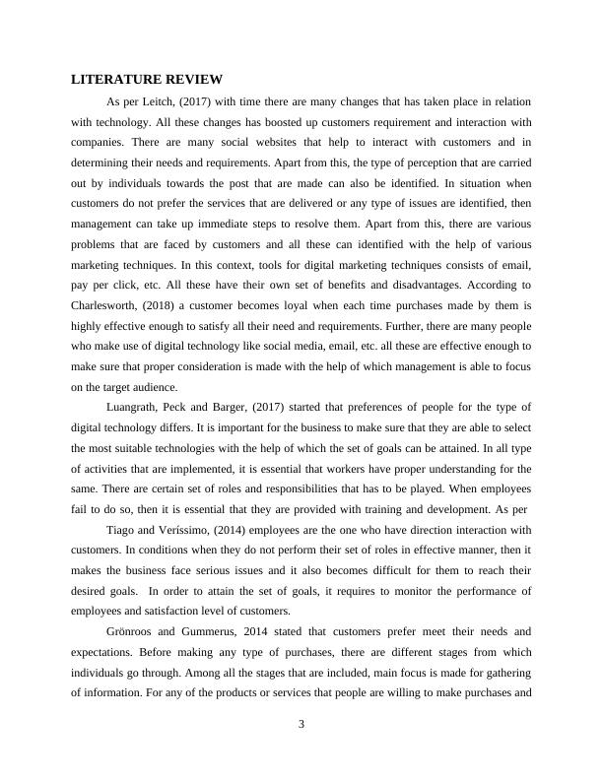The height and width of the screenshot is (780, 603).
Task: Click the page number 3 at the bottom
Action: [x=301, y=726]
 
